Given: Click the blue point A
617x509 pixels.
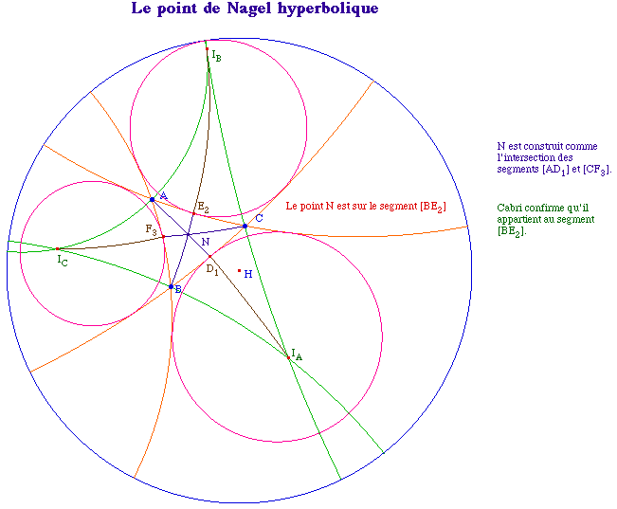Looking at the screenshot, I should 152,199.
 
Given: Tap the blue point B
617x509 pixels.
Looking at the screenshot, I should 171,286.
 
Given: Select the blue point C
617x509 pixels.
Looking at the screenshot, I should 245,226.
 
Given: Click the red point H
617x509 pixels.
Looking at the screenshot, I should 239,270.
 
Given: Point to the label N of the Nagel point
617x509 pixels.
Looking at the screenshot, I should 206,242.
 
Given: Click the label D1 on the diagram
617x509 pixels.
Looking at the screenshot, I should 212,270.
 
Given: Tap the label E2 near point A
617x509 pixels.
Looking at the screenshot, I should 202,208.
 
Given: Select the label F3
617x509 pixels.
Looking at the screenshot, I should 151,229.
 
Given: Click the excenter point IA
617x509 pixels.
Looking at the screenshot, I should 288,357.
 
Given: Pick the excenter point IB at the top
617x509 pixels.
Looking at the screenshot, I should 207,48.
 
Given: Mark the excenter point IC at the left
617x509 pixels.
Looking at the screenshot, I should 57,248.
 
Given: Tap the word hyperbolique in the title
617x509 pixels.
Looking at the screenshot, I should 324,9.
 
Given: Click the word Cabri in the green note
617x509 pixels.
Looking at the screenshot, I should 510,209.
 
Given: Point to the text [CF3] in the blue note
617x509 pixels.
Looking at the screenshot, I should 597,169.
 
